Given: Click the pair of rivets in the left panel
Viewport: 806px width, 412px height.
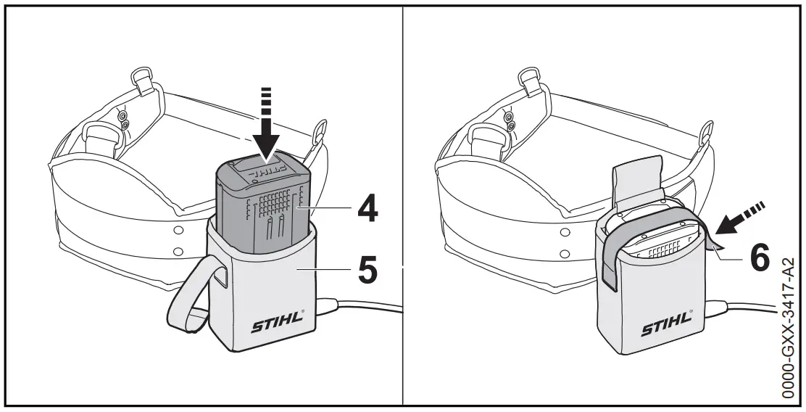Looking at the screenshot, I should (122, 120).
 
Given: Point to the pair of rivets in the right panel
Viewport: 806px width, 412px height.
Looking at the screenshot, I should (510, 120).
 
